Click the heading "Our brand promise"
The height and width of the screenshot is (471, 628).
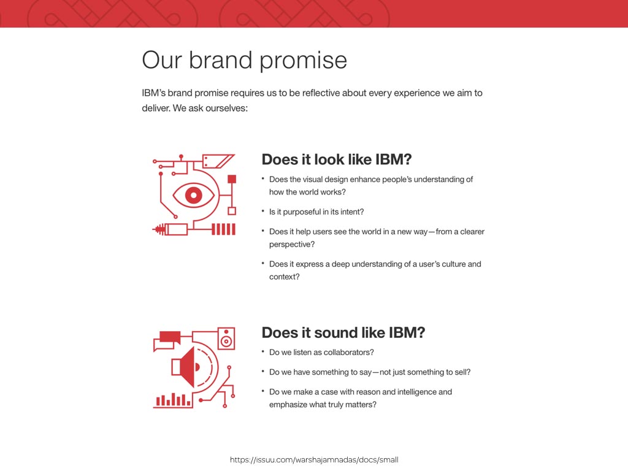[244, 61]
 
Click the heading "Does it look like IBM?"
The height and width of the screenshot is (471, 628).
[337, 159]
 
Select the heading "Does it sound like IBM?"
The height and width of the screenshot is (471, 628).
[343, 332]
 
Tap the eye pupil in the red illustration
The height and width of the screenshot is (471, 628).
[194, 196]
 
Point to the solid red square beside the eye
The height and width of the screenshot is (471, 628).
[232, 179]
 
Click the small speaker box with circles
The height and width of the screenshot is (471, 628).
[226, 339]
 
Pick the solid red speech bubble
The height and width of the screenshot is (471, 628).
[170, 337]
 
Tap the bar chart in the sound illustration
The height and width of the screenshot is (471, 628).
[172, 400]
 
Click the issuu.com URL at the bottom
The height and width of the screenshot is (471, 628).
[314, 460]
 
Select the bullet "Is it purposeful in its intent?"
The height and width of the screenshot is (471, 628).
[316, 212]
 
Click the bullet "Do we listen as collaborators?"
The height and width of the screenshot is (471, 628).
[321, 353]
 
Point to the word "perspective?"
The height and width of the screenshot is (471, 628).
[292, 244]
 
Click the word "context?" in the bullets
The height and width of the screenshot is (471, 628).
[285, 277]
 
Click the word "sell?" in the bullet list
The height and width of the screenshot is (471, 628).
[462, 372]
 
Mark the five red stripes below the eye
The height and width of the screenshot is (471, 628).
[223, 229]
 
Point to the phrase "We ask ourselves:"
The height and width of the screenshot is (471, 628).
[210, 108]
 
